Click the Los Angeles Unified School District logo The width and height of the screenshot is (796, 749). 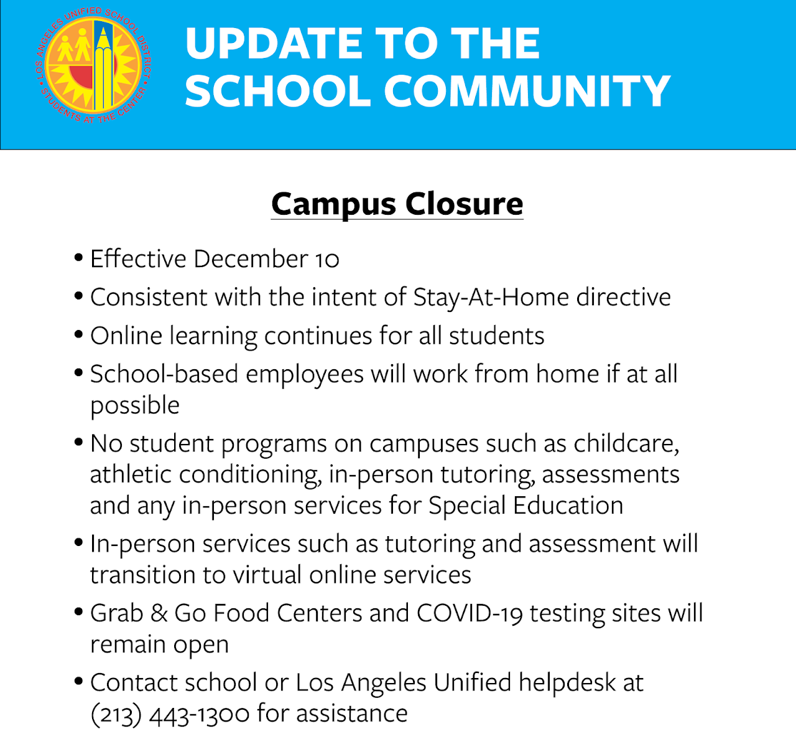[x=93, y=65]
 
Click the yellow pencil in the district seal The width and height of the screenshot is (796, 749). [x=103, y=68]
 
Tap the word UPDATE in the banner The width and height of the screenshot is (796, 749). [x=274, y=44]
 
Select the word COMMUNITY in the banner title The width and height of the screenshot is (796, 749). [x=527, y=91]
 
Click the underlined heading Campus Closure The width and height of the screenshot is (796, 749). [x=397, y=205]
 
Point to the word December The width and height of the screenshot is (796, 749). [x=251, y=258]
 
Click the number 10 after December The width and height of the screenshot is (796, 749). [x=327, y=260]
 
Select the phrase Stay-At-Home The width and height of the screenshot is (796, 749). [x=491, y=298]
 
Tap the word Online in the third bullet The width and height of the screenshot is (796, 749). [x=126, y=336]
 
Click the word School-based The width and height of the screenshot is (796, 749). [x=165, y=374]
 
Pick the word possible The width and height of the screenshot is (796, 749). [x=135, y=406]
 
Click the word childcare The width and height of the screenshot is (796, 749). [x=626, y=444]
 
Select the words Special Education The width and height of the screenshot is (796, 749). [x=526, y=506]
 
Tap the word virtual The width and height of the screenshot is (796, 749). [x=267, y=575]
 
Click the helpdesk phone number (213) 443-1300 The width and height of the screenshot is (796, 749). [x=170, y=714]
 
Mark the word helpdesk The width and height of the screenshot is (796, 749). [x=567, y=683]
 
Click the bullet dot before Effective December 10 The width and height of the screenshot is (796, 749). [x=78, y=257]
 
